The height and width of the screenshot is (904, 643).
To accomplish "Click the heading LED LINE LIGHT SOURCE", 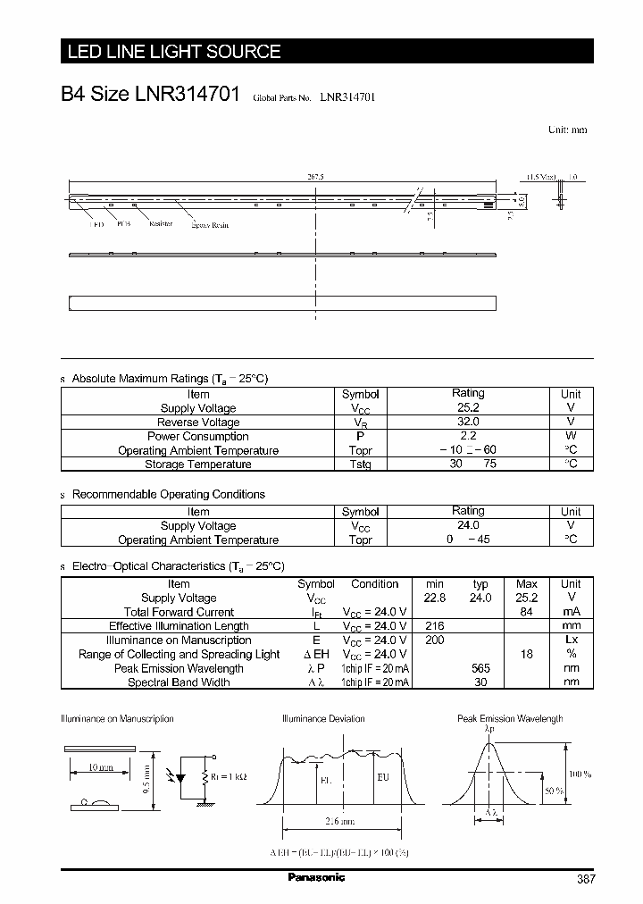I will pyautogui.click(x=175, y=52).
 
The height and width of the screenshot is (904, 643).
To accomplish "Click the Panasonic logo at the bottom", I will pyautogui.click(x=316, y=878).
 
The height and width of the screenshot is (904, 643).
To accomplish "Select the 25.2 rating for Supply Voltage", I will pyautogui.click(x=467, y=408).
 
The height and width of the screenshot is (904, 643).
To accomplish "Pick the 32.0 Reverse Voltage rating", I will pyautogui.click(x=467, y=423).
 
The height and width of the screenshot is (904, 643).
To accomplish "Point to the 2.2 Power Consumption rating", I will pyautogui.click(x=467, y=437).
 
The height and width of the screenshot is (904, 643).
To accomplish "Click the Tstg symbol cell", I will pyautogui.click(x=361, y=465).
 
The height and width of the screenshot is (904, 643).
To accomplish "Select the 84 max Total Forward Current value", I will pyautogui.click(x=526, y=612).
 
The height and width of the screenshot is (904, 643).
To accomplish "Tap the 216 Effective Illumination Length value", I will pyautogui.click(x=433, y=626).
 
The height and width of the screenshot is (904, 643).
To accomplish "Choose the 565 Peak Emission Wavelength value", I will pyautogui.click(x=480, y=668).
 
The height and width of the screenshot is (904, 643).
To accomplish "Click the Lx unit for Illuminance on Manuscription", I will pyautogui.click(x=571, y=640).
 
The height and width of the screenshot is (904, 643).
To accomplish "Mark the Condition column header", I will pyautogui.click(x=374, y=584).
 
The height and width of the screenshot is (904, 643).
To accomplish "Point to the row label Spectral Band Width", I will pyautogui.click(x=179, y=682).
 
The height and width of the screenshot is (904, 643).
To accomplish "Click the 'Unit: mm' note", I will pyautogui.click(x=567, y=130).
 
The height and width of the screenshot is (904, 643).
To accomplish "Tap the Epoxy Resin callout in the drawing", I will pyautogui.click(x=210, y=225).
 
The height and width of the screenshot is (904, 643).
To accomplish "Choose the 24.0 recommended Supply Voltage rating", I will pyautogui.click(x=467, y=526).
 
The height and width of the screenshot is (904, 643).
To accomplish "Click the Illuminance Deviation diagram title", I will pyautogui.click(x=322, y=719).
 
